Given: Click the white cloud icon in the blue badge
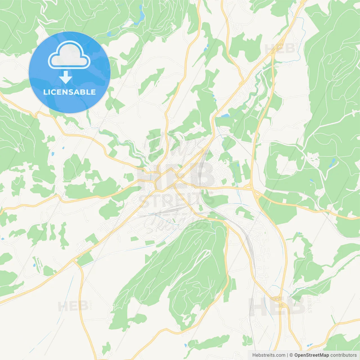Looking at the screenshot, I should tap(69, 55).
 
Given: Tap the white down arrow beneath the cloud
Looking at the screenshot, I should tap(66, 77).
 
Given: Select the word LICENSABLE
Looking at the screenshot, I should tap(69, 92).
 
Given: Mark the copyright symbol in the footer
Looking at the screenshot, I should tap(291, 355).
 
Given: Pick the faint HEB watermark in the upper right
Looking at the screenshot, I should tap(280, 49).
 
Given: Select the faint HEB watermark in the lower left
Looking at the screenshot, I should tap(73, 306).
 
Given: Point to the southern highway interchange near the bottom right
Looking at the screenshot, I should tap(281, 304).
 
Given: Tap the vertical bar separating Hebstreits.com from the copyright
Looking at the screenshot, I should tap(287, 355).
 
